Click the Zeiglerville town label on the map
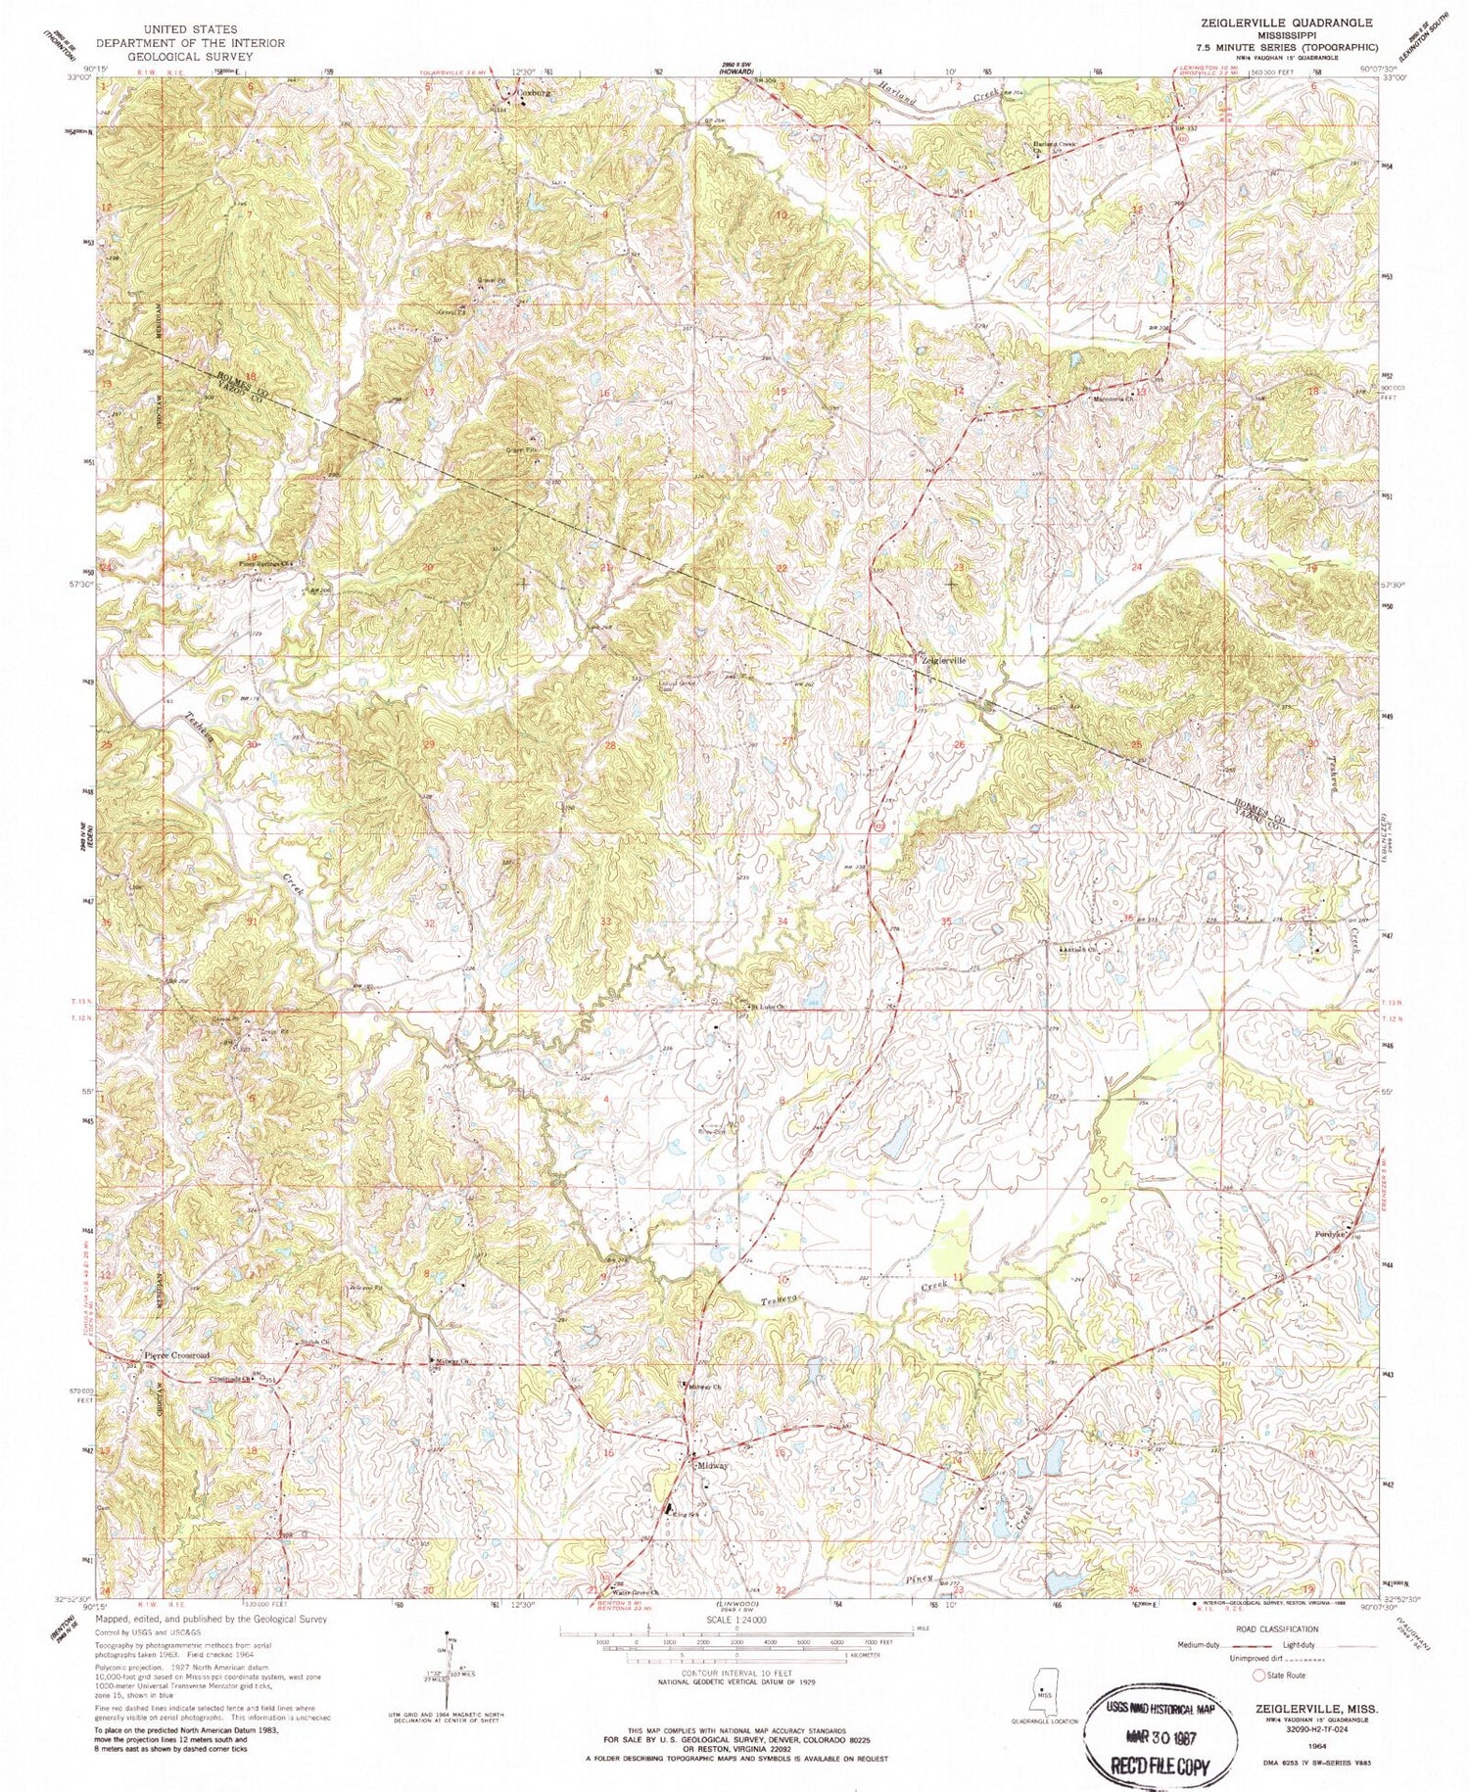(944, 661)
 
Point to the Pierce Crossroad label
(176, 1355)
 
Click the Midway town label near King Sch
(713, 1466)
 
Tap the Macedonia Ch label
(1113, 400)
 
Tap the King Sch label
(684, 1514)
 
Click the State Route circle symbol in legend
(1259, 1675)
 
